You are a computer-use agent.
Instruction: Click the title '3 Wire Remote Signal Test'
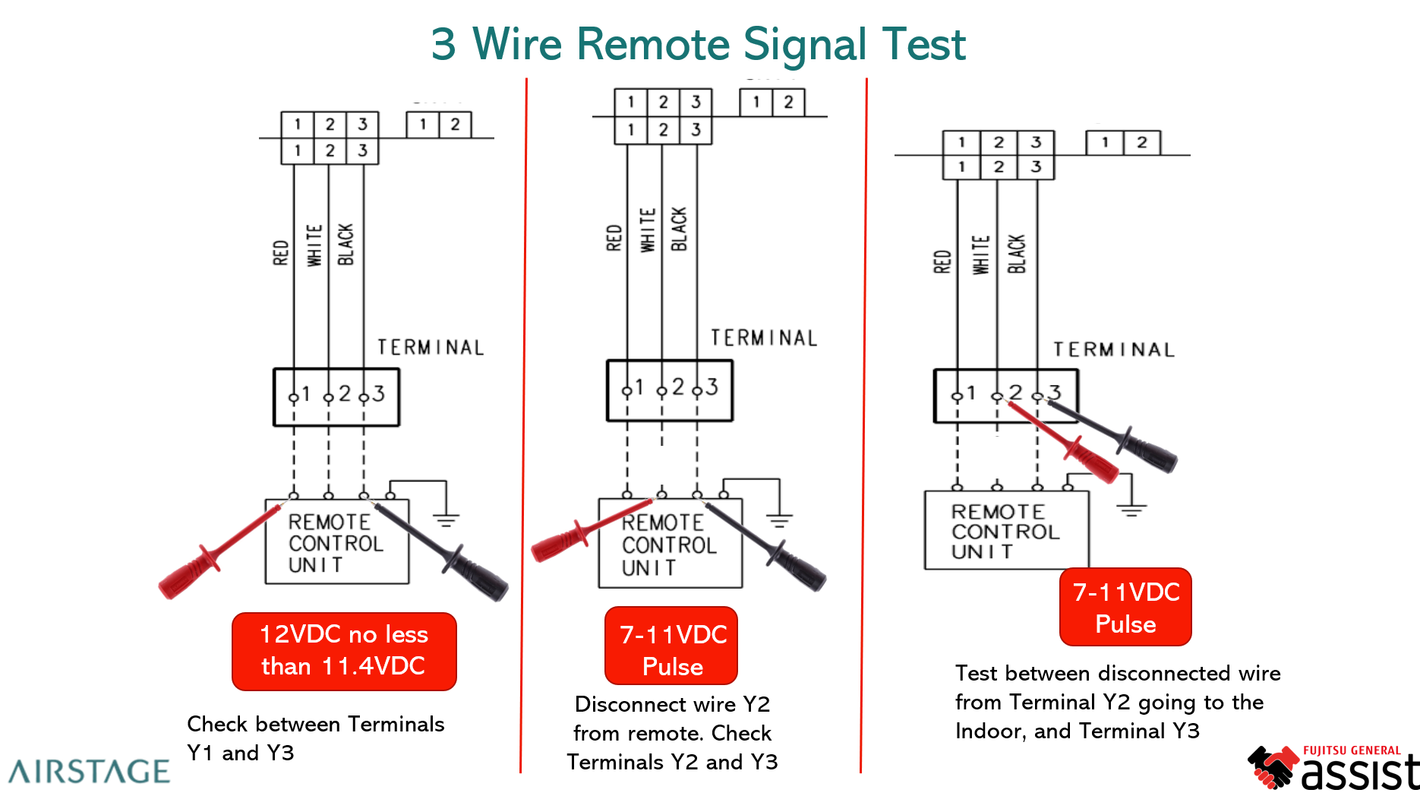pyautogui.click(x=698, y=44)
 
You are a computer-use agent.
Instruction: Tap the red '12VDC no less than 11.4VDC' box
pyautogui.click(x=344, y=651)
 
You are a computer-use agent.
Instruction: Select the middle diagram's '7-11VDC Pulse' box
pyautogui.click(x=671, y=646)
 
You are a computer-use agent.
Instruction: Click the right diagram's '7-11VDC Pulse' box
pyautogui.click(x=1125, y=607)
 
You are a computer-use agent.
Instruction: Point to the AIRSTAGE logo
pyautogui.click(x=90, y=771)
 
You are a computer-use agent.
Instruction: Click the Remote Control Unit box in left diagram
pyautogui.click(x=336, y=542)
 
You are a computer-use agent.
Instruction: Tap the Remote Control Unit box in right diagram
pyautogui.click(x=1005, y=531)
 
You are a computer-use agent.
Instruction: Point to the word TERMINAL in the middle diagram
pyautogui.click(x=764, y=338)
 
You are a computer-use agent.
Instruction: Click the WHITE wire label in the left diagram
pyautogui.click(x=314, y=245)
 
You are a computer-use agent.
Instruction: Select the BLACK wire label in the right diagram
pyautogui.click(x=1017, y=254)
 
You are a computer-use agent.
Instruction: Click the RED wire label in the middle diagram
pyautogui.click(x=614, y=238)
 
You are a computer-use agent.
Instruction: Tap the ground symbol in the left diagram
pyautogui.click(x=446, y=520)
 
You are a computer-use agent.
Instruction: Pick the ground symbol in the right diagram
pyautogui.click(x=1131, y=509)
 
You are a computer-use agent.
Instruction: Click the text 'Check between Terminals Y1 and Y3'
pyautogui.click(x=315, y=738)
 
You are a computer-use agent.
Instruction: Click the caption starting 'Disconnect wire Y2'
pyautogui.click(x=672, y=733)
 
